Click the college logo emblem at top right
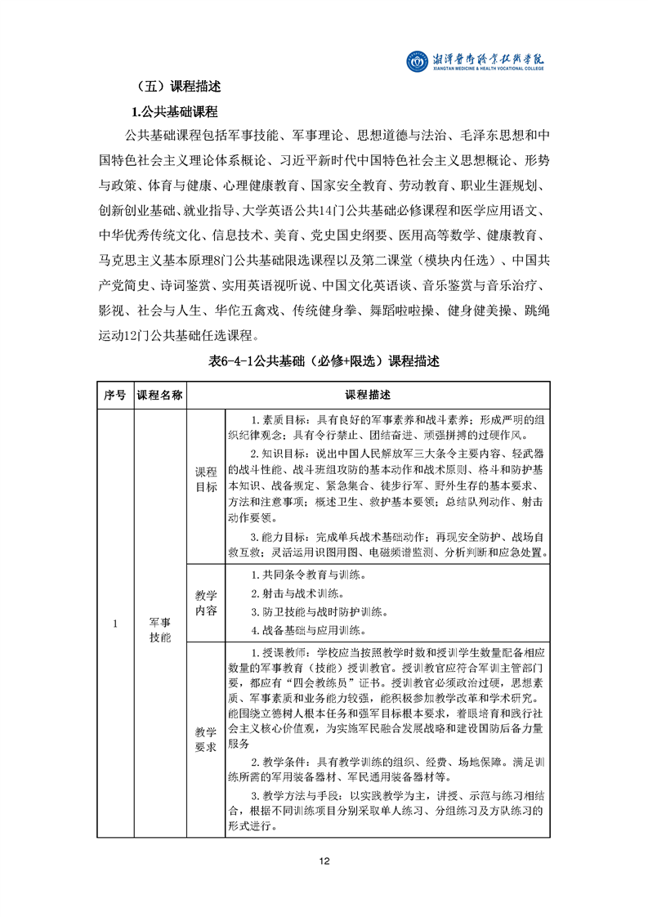coord(418,61)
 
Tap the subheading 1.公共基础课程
coord(174,111)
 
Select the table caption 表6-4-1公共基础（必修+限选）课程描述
coord(324,361)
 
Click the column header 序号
coord(114,395)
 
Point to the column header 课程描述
coord(368,395)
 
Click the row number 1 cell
coord(114,624)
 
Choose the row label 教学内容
coord(206,602)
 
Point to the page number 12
coord(324,861)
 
